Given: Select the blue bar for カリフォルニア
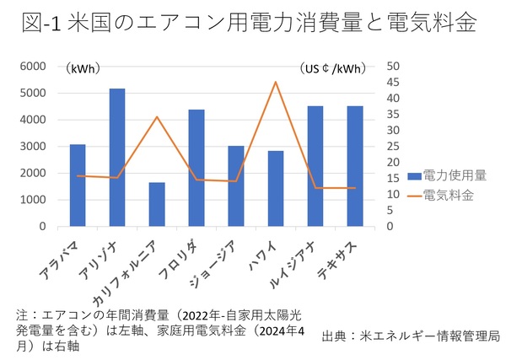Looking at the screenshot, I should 157,205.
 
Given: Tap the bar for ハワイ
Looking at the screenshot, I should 276,189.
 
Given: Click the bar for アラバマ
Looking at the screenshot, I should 78,185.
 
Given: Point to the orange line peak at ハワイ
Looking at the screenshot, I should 276,82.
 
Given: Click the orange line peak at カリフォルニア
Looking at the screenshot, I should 157,116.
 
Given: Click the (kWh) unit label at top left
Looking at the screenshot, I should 84,68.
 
